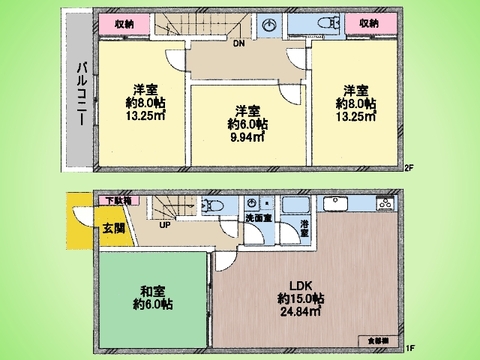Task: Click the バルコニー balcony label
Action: point(79,91)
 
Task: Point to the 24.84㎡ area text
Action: point(301,312)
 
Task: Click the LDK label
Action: point(300,283)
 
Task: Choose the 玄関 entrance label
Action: point(113,228)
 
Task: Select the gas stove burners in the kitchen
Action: point(383,206)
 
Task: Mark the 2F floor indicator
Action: point(410,167)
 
